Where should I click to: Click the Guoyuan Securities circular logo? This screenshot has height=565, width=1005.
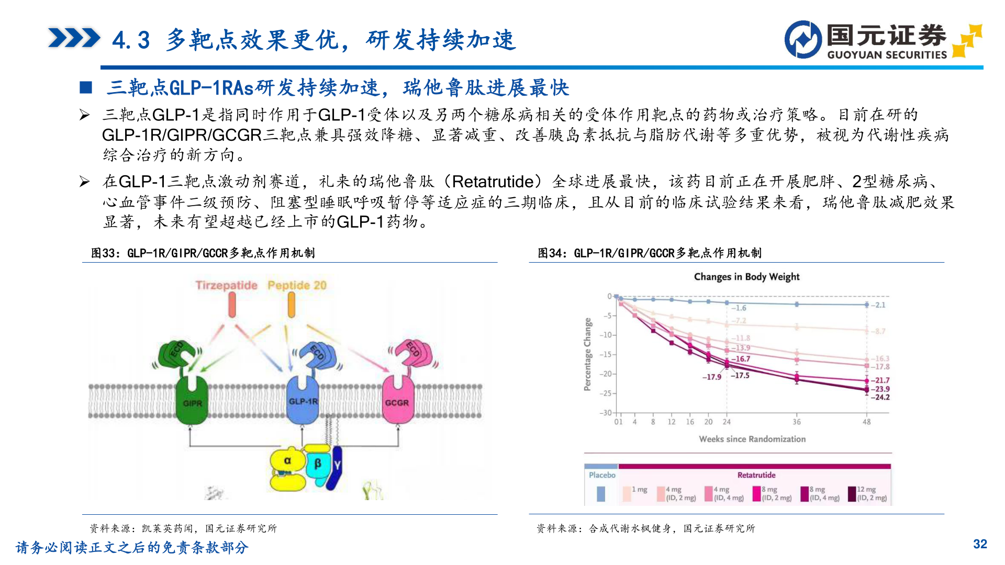[x=803, y=39]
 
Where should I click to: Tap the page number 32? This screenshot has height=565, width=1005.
[x=980, y=544]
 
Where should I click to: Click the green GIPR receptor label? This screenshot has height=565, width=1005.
[x=192, y=403]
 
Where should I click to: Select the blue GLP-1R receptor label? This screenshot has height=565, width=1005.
[x=303, y=401]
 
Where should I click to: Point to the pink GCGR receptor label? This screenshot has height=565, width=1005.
[x=397, y=403]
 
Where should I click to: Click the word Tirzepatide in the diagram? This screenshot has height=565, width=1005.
[x=226, y=285]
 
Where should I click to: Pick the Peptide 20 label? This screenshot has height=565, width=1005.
[x=297, y=285]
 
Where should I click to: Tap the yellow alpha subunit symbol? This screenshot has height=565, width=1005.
[x=287, y=461]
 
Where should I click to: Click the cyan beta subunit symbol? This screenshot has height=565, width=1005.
[x=317, y=464]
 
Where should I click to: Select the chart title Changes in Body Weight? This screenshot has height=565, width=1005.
[x=746, y=277]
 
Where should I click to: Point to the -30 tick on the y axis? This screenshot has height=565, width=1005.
[x=606, y=413]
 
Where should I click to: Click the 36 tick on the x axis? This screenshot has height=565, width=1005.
[x=796, y=422]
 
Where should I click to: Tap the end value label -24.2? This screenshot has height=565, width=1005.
[x=880, y=398]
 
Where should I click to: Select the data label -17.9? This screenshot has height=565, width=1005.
[x=712, y=377]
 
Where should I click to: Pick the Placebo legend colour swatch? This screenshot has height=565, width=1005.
[x=601, y=494]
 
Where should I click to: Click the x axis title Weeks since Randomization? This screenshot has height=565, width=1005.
[x=752, y=439]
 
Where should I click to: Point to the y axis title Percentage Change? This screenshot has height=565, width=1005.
[x=587, y=354]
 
